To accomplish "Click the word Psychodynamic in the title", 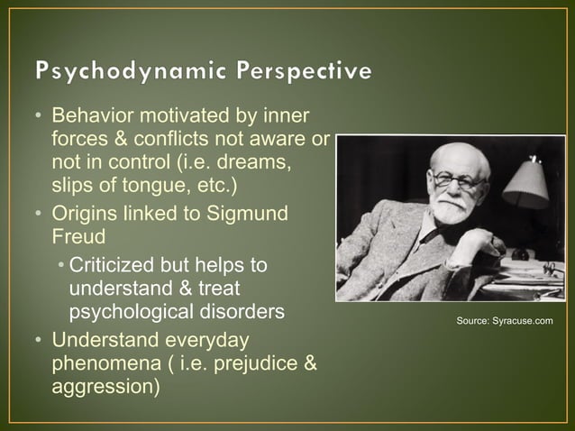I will click(129, 70).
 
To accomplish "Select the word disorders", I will click(244, 311).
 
